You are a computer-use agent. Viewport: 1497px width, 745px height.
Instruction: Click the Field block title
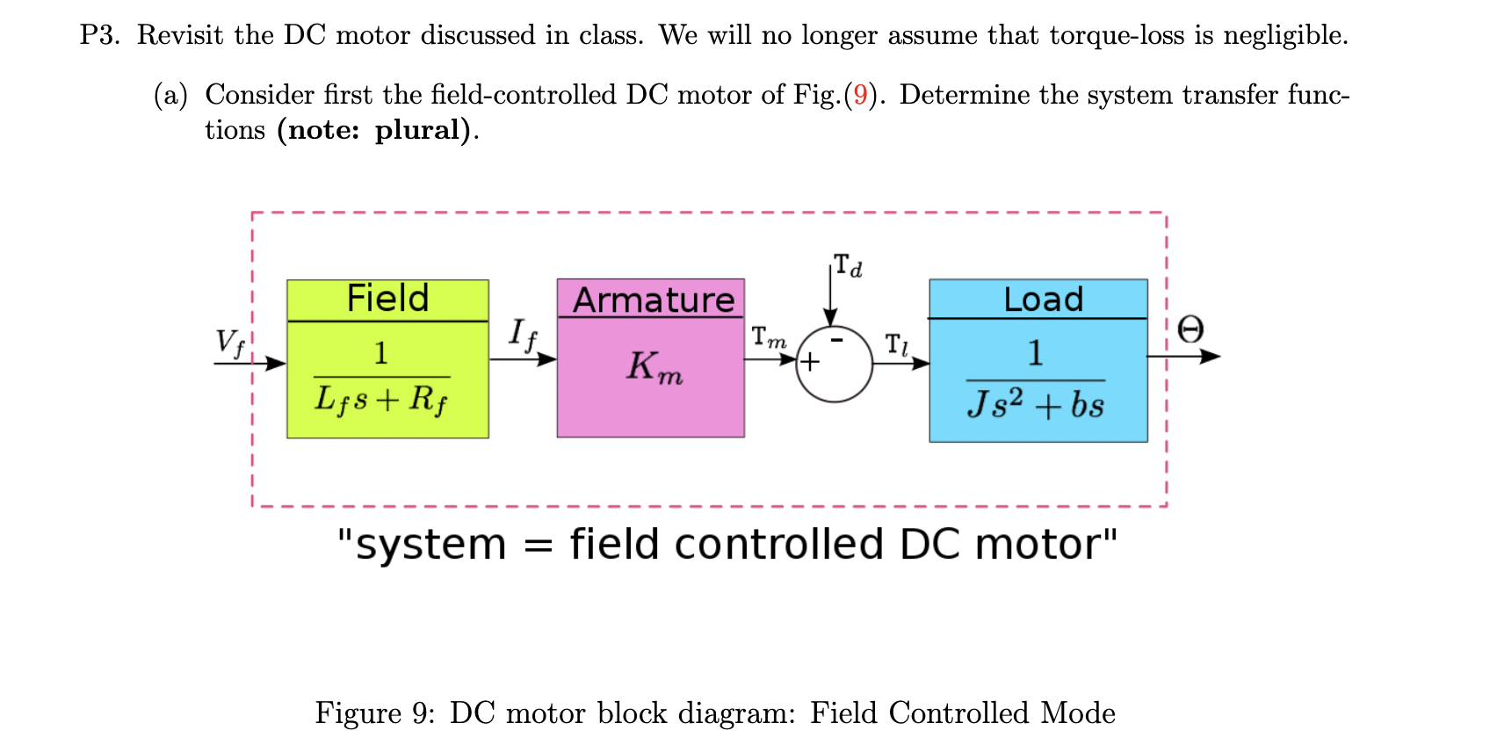click(x=387, y=299)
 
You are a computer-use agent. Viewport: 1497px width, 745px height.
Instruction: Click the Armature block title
click(x=654, y=300)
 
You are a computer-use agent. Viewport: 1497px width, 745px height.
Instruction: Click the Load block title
click(x=1043, y=300)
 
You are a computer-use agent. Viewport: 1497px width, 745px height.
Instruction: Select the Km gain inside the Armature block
click(x=654, y=366)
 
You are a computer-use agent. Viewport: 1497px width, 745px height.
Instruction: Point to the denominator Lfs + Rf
click(x=381, y=400)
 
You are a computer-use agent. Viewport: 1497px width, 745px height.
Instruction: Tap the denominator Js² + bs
click(x=1036, y=404)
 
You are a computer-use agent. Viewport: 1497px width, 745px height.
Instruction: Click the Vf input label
click(x=230, y=342)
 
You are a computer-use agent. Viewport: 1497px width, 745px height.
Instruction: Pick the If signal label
click(x=522, y=335)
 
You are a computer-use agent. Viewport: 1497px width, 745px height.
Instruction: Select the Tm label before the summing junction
click(x=769, y=337)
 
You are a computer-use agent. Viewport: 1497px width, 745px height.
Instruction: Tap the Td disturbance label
click(x=848, y=264)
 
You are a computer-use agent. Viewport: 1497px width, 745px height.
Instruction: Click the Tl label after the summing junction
click(x=896, y=344)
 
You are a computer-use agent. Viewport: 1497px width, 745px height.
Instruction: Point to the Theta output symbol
click(x=1190, y=330)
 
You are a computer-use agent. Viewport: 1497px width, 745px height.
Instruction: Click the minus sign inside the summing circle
click(x=837, y=339)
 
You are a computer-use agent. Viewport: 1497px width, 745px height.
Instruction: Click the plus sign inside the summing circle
click(x=809, y=361)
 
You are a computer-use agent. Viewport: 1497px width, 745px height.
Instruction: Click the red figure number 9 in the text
click(x=860, y=95)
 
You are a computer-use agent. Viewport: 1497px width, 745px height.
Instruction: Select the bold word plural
click(x=418, y=130)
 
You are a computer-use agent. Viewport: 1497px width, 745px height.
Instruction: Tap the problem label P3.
click(x=99, y=35)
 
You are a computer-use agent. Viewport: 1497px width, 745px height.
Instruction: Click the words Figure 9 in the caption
click(x=374, y=712)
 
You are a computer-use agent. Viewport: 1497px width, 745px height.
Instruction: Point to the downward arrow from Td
click(x=829, y=294)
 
